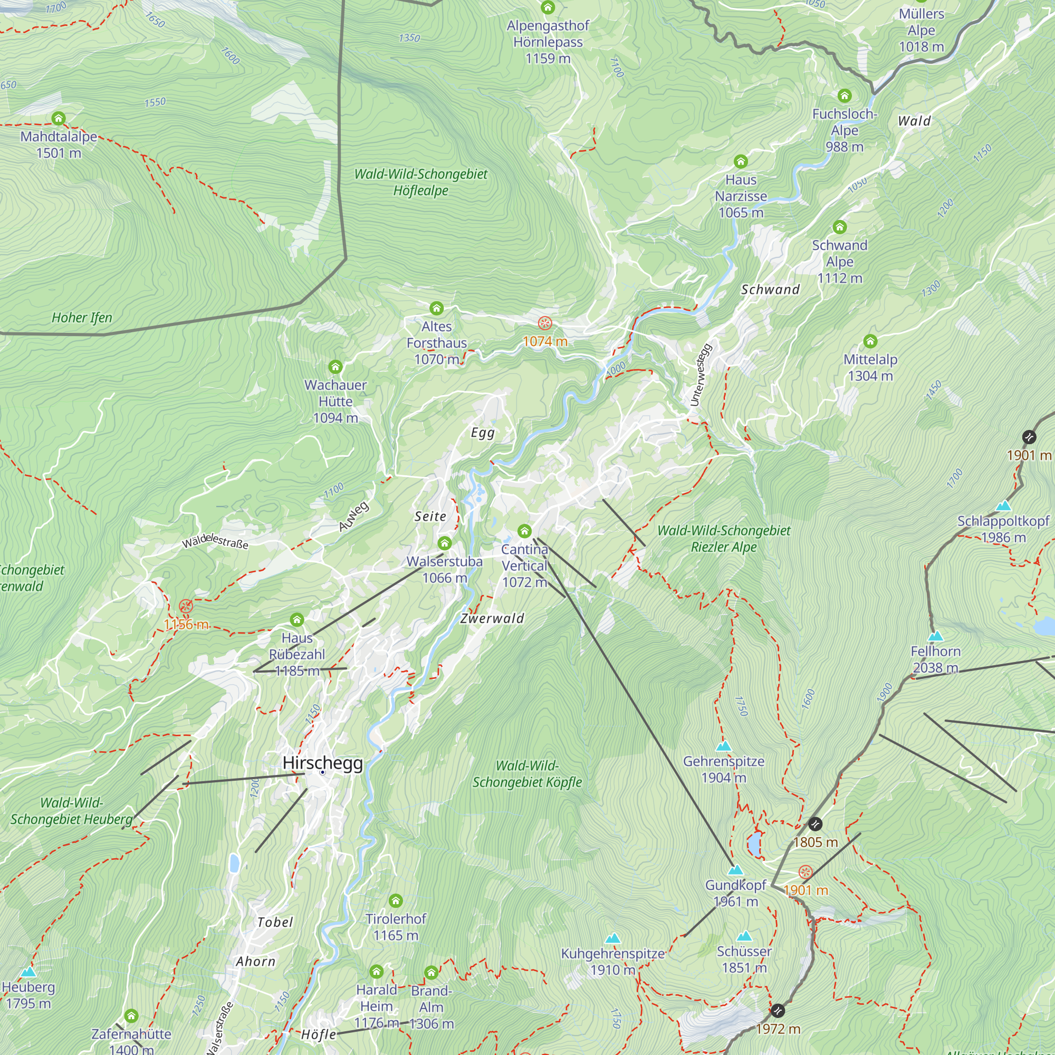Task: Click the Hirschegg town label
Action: (x=322, y=762)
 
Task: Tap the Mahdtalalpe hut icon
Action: (x=59, y=118)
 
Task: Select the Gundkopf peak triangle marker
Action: (x=735, y=870)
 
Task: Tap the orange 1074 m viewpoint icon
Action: (x=544, y=323)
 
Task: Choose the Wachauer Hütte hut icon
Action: (x=335, y=367)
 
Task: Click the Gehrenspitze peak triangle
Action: (x=723, y=746)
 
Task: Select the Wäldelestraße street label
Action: (x=215, y=542)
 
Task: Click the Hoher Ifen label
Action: (x=82, y=318)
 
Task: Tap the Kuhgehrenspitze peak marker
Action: (x=612, y=938)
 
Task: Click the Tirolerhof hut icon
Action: (x=395, y=900)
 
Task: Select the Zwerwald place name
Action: (x=492, y=618)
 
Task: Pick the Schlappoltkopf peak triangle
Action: (x=1003, y=506)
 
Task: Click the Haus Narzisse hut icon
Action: (x=741, y=161)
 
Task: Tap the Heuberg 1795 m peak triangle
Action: (x=28, y=972)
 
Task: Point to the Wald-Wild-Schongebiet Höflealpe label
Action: (x=420, y=183)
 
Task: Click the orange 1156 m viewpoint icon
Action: (x=186, y=606)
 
